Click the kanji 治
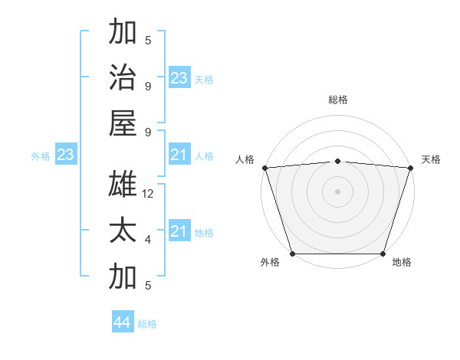click(123, 77)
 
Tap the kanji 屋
click(123, 123)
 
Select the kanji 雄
click(123, 185)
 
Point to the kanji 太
click(123, 231)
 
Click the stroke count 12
click(149, 194)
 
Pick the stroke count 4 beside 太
click(148, 240)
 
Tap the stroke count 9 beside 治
click(148, 86)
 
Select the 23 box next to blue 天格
click(179, 78)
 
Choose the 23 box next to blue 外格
click(65, 155)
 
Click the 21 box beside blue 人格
click(179, 155)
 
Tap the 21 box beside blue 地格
click(179, 231)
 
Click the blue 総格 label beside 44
click(147, 324)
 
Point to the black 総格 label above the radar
click(337, 100)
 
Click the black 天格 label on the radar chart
click(431, 159)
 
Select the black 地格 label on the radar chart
click(402, 263)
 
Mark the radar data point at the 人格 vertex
click(264, 168)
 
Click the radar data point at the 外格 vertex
click(293, 254)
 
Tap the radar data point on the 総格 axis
click(337, 161)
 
